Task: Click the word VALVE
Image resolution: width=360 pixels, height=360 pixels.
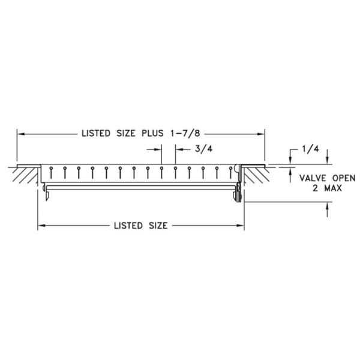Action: click(304, 178)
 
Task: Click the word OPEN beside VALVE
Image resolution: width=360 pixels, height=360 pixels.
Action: click(335, 178)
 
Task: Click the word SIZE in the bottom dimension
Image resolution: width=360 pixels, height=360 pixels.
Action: click(155, 226)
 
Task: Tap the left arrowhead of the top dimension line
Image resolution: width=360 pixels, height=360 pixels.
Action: click(19, 134)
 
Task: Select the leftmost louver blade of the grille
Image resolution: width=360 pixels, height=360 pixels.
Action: click(51, 172)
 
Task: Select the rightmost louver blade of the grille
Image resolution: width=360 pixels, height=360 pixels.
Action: click(230, 172)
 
